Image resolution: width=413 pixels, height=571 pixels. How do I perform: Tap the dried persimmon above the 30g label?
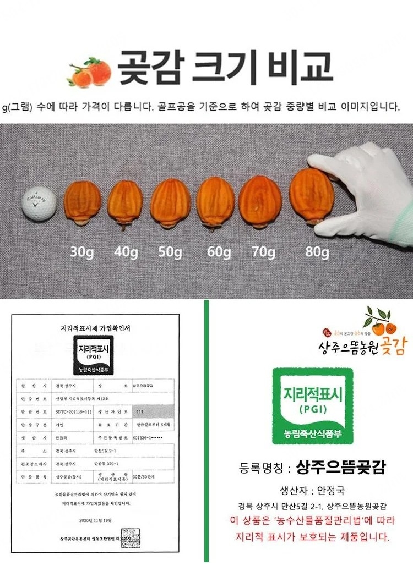[83, 204]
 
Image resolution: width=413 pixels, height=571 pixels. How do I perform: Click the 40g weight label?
[126, 252]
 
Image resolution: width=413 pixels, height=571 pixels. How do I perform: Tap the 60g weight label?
[219, 252]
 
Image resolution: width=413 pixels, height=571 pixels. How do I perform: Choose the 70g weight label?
[263, 252]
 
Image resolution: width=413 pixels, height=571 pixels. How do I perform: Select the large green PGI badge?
[306, 406]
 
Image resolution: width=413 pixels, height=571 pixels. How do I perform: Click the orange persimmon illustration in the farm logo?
[380, 327]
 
